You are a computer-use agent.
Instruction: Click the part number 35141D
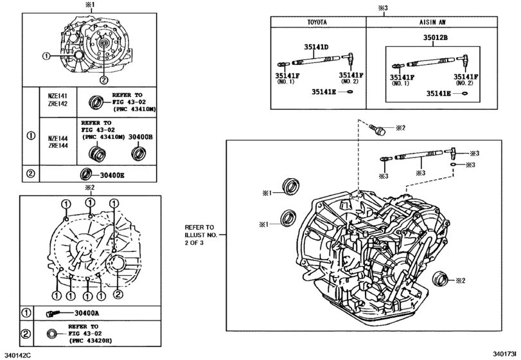tap(316, 48)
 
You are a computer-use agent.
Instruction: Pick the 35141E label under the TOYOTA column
tap(324, 92)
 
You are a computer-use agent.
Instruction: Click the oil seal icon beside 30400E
tap(85, 174)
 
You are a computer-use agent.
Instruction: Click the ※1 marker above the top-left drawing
tap(89, 5)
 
